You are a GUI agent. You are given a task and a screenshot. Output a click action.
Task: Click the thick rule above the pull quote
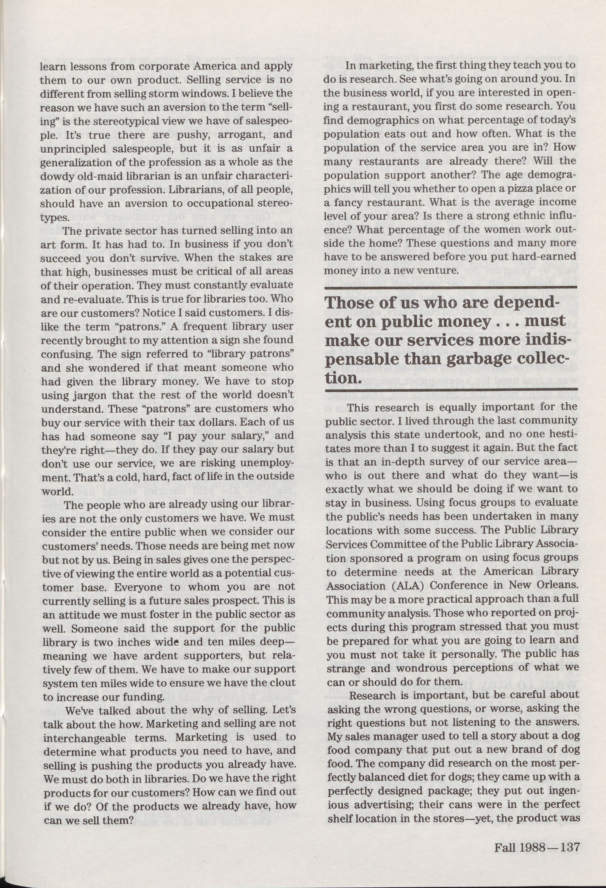coord(451,288)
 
